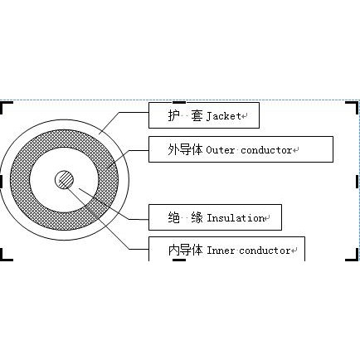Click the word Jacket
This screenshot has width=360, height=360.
(x=224, y=116)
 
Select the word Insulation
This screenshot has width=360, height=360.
(x=236, y=218)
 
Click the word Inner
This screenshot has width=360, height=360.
(x=221, y=251)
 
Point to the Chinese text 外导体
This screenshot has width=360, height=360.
(x=185, y=150)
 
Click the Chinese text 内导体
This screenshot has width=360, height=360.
(x=186, y=251)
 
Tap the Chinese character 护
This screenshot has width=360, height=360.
(x=174, y=115)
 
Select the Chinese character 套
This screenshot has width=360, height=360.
(x=197, y=115)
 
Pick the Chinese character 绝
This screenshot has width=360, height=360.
(x=174, y=217)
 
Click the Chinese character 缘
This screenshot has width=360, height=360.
(x=197, y=217)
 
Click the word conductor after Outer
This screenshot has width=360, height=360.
(x=266, y=150)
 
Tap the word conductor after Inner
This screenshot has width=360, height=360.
(x=265, y=251)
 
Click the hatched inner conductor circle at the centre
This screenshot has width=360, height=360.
(x=65, y=180)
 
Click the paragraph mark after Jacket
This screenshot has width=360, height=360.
(x=244, y=116)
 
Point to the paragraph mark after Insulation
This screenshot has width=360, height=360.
(x=267, y=218)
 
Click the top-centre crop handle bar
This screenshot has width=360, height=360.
(x=179, y=102)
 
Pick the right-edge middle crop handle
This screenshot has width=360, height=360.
(x=358, y=182)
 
